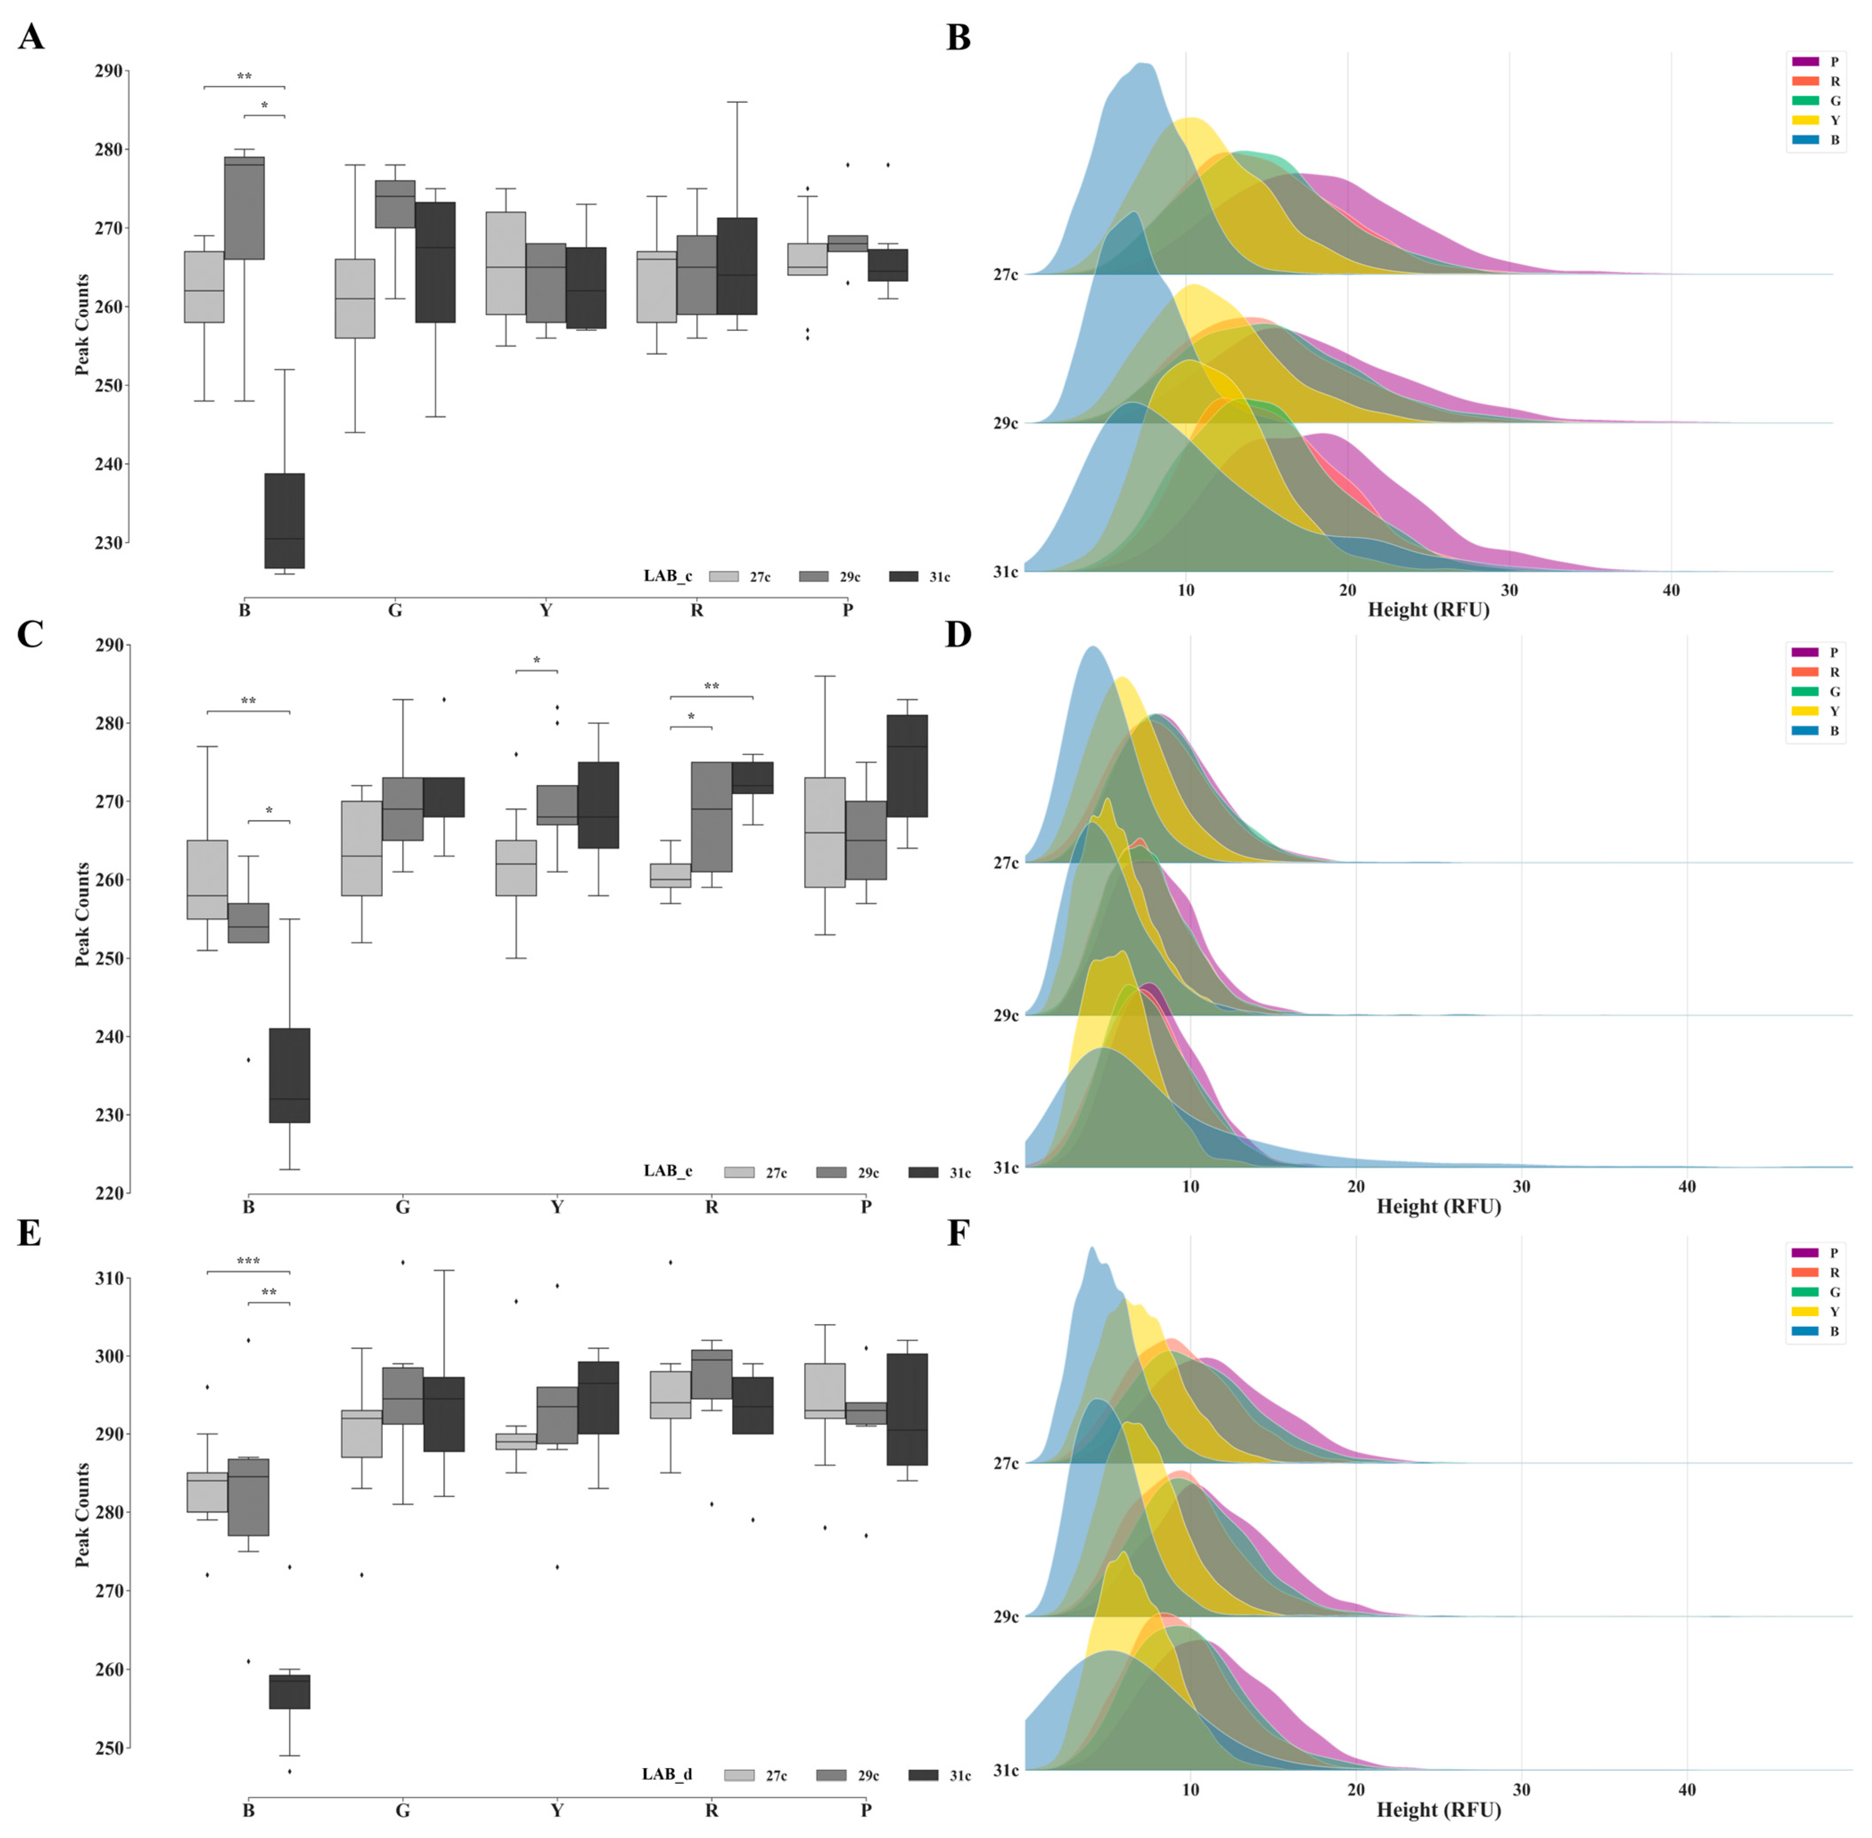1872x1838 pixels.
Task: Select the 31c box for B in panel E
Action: [x=289, y=1691]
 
